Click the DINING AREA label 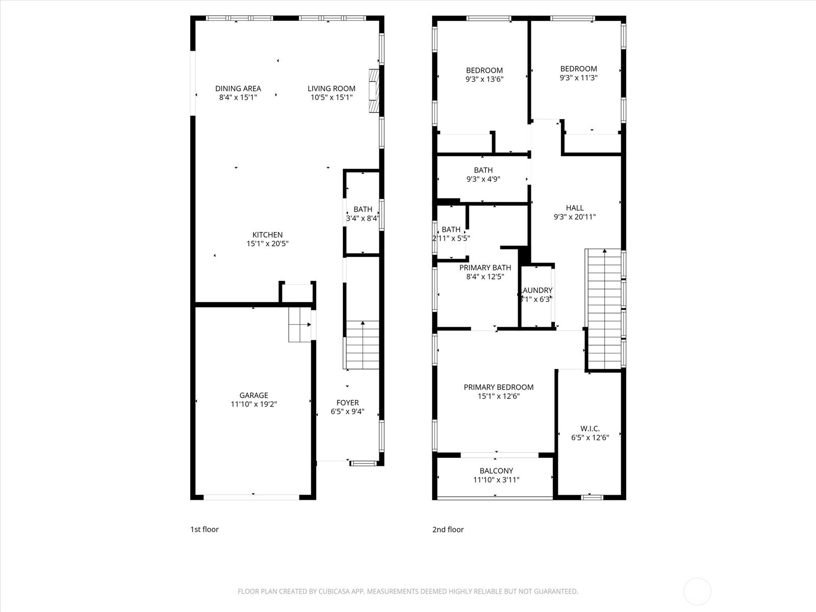coord(238,89)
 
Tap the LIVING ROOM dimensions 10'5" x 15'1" coord(331,97)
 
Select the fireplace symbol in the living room coord(374,90)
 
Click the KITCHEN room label coord(267,235)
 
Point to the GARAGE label coord(253,395)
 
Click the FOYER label coord(347,403)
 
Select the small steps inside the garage coord(299,324)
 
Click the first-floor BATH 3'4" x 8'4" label coord(363,210)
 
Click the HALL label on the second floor coord(575,208)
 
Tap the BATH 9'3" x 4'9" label coord(483,170)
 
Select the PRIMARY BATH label coord(485,268)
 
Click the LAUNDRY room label coord(537,290)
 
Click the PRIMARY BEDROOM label coord(498,388)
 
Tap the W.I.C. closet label coord(590,428)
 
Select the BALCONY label coord(496,471)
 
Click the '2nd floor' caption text coord(448,529)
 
